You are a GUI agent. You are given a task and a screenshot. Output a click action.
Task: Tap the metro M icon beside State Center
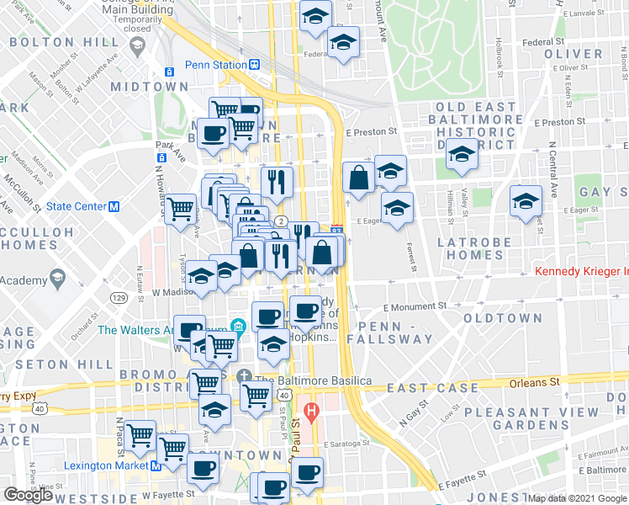(x=115, y=207)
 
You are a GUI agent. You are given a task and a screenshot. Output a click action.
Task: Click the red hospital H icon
(x=312, y=412)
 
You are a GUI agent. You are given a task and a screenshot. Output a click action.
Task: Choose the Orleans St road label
(x=534, y=382)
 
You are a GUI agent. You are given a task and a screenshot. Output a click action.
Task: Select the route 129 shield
(x=118, y=298)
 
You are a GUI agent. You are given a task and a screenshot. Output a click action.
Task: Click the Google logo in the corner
(x=29, y=495)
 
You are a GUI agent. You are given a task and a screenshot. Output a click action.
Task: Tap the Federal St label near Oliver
(x=542, y=41)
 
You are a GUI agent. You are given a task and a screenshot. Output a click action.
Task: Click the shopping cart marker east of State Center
(x=180, y=207)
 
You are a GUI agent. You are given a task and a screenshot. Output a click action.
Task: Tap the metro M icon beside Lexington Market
(x=156, y=465)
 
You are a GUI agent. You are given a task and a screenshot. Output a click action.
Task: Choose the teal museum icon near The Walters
(x=239, y=326)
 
